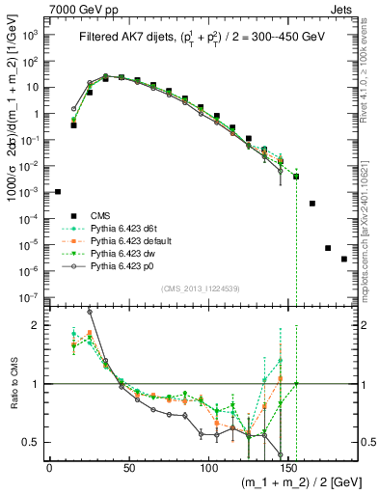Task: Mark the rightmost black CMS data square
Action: point(344,259)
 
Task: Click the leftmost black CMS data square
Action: point(58,192)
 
